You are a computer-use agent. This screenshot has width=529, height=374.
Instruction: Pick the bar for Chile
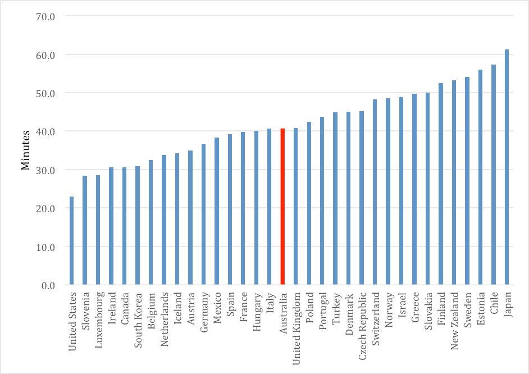pyautogui.click(x=494, y=175)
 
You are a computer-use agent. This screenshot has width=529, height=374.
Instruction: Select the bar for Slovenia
pyautogui.click(x=85, y=230)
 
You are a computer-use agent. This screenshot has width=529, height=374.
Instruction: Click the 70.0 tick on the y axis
pyautogui.click(x=45, y=16)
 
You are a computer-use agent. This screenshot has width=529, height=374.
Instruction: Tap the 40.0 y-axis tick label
pyautogui.click(x=45, y=131)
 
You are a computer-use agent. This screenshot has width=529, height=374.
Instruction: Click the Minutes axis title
pyautogui.click(x=26, y=150)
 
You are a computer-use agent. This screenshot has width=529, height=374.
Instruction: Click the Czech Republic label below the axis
pyautogui.click(x=361, y=322)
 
